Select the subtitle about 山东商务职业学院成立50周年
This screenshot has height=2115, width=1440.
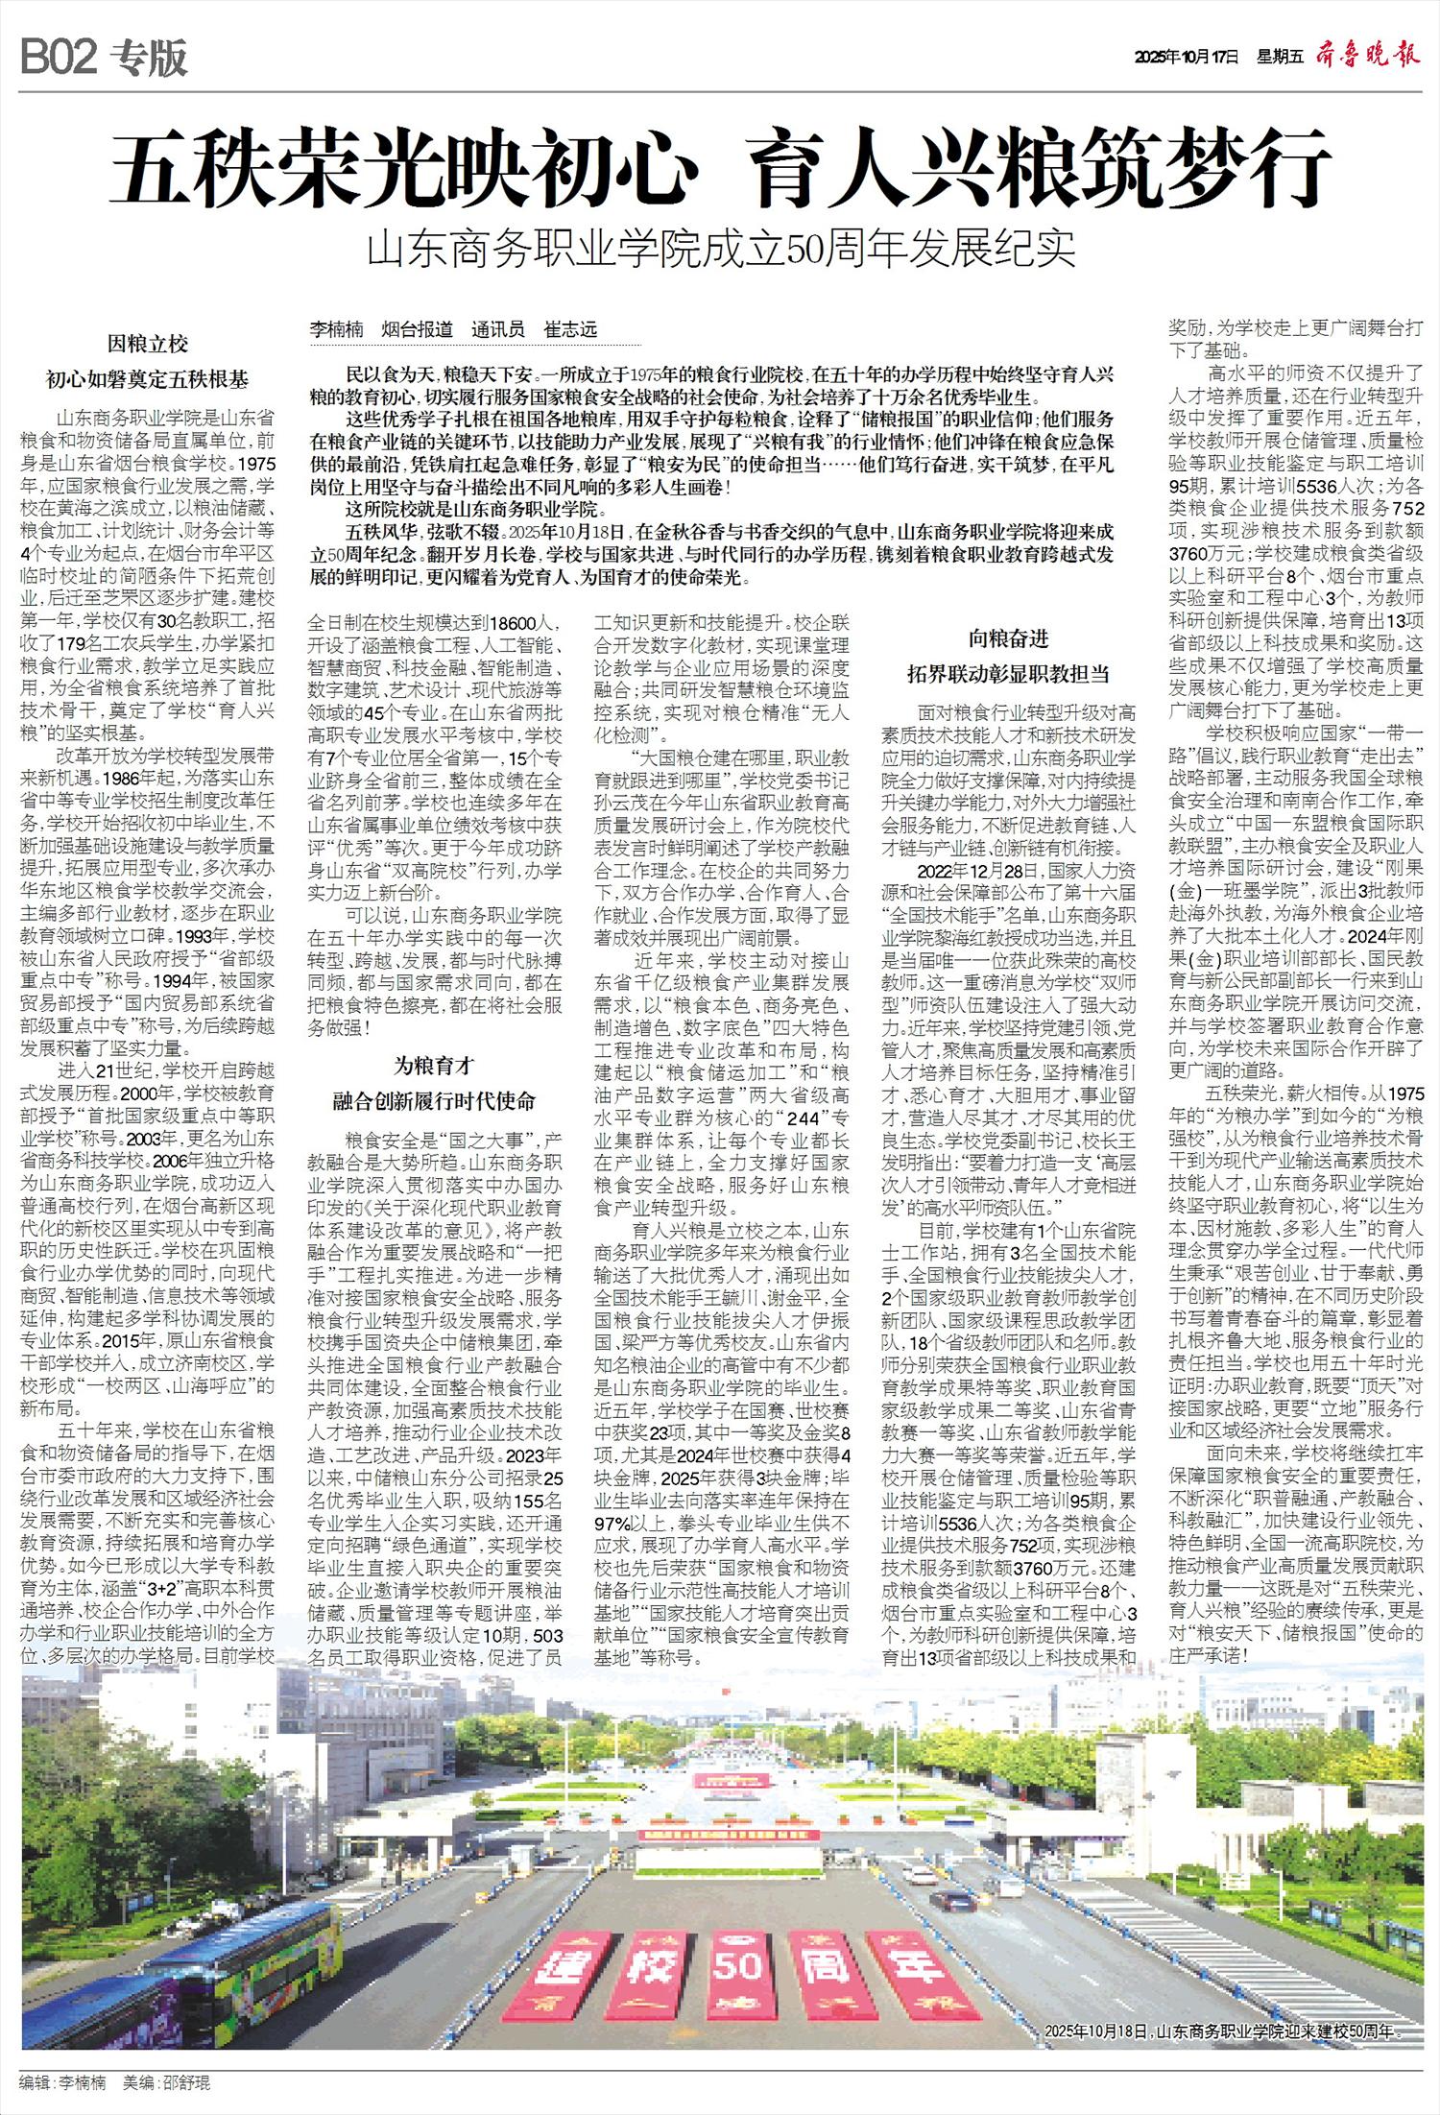coord(721,248)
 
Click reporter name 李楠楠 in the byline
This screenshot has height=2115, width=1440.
coord(337,329)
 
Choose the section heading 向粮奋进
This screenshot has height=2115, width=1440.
coord(1008,638)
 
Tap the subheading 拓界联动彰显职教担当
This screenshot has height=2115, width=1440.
coord(1008,674)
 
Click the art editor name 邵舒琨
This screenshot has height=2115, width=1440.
coord(186,2076)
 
